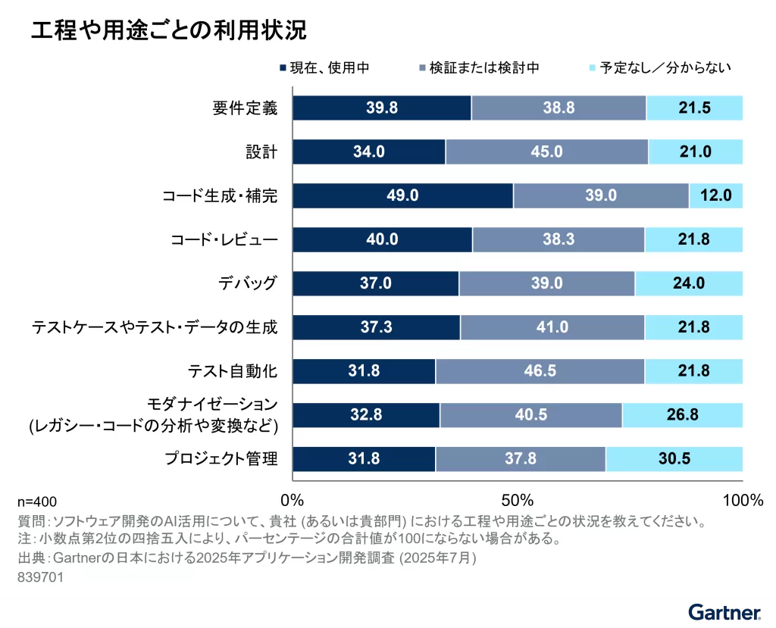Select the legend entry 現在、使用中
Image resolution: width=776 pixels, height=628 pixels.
tap(324, 68)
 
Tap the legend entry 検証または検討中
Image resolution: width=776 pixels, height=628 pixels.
tap(478, 68)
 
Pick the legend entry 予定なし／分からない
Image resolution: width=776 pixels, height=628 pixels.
tap(659, 68)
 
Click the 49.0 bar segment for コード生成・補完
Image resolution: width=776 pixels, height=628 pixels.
tap(402, 195)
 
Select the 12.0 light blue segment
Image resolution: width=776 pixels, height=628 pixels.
tap(715, 195)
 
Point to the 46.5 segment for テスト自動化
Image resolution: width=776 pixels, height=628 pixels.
tap(540, 371)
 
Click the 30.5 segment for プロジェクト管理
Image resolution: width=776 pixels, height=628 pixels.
tap(674, 459)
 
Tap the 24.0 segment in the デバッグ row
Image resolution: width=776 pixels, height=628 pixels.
tap(688, 283)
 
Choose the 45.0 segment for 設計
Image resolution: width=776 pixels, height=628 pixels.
tap(546, 152)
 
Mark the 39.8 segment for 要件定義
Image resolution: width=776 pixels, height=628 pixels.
tap(382, 108)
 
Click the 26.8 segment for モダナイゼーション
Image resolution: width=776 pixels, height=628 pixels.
tap(682, 415)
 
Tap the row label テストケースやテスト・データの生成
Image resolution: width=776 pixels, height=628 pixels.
tap(154, 328)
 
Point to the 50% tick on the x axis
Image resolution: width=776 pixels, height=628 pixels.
tap(518, 500)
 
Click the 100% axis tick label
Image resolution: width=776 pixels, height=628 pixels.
tap(742, 500)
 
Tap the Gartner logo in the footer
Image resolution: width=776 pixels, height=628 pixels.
tap(724, 611)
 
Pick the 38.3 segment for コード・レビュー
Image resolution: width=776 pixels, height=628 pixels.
tap(559, 239)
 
